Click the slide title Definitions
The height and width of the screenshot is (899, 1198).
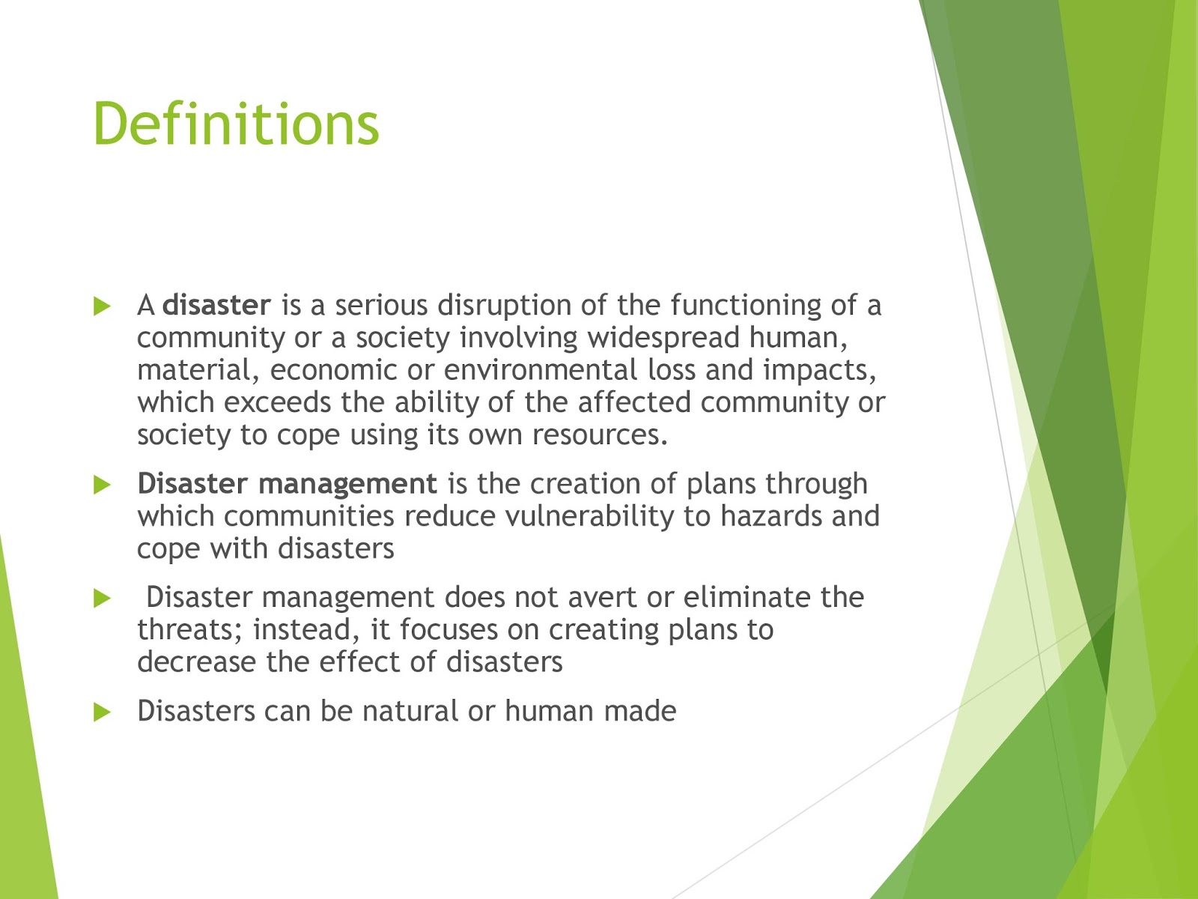point(236,124)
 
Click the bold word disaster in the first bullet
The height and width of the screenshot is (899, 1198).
point(216,306)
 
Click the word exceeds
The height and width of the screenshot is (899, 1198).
point(277,402)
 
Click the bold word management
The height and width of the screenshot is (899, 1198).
point(347,484)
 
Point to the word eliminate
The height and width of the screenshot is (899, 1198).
point(747,597)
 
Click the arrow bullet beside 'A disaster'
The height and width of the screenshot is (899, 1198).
point(102,306)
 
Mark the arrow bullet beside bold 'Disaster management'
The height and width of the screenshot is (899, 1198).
point(102,485)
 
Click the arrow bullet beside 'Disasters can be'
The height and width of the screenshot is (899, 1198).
point(102,712)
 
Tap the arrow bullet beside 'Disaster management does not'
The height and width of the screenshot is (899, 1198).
point(102,598)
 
